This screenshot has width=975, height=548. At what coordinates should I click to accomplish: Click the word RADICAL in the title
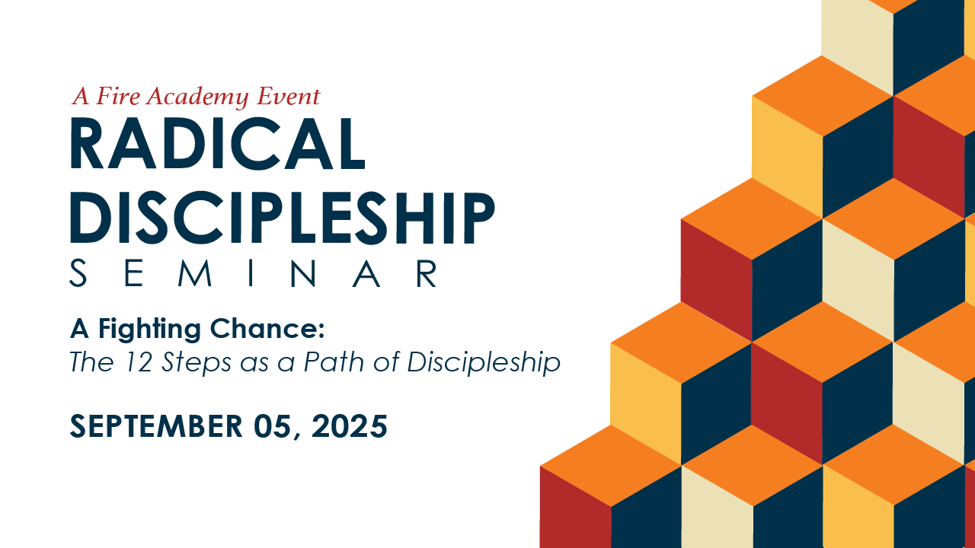[217, 143]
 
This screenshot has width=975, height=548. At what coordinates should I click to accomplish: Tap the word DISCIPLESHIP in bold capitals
[283, 218]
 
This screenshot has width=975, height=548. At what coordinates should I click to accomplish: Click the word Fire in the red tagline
[118, 96]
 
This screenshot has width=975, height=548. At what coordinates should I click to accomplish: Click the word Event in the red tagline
[289, 96]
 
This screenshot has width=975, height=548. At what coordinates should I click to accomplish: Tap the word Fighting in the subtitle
[149, 330]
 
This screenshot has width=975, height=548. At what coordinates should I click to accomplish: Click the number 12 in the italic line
[138, 362]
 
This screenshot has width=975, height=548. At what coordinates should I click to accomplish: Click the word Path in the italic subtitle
[334, 362]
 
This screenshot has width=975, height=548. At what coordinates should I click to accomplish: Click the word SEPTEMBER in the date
[156, 425]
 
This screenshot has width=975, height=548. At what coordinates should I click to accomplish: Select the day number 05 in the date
[272, 425]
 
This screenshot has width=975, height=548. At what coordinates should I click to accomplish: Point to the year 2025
[350, 425]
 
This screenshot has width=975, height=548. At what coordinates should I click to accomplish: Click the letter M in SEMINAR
[195, 273]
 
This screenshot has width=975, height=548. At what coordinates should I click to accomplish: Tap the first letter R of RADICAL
[87, 143]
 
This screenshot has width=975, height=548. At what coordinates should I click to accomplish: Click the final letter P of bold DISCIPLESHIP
[477, 218]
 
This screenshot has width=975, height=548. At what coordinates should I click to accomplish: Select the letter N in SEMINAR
[302, 273]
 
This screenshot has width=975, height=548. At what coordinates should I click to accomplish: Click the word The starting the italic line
[92, 362]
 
